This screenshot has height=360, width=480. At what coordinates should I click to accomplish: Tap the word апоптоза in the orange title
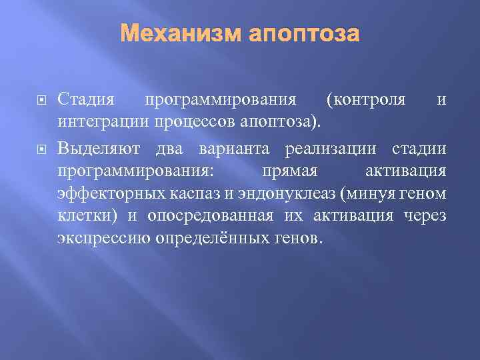point(305,33)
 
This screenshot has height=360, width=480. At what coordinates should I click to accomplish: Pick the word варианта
point(231,147)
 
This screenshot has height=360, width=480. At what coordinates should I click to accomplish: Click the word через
point(425,216)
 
